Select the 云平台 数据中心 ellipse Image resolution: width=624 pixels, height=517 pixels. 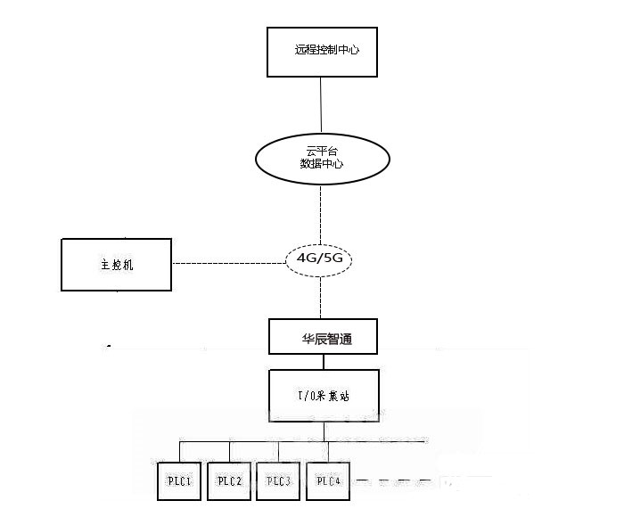pos(323,158)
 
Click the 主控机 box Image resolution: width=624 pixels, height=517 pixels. pos(116,265)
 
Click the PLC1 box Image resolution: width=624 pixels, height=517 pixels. pos(180,481)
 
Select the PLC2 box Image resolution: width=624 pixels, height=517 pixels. pos(230,481)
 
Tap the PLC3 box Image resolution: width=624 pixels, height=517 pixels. pos(279,481)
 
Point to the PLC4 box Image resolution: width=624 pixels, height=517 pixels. pos(328,481)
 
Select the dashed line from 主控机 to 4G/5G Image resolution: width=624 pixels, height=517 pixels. pos(228,263)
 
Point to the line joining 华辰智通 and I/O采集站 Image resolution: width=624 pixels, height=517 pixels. pos(324,362)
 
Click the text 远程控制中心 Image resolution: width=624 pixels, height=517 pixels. pos(327,50)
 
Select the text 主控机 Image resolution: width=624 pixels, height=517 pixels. pos(117,265)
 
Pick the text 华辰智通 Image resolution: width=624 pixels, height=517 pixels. pos(326,339)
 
